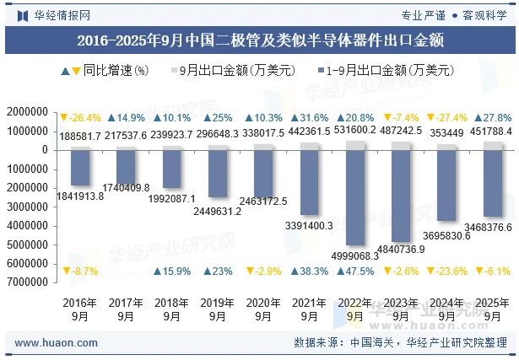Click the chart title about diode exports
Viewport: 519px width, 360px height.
coord(260,39)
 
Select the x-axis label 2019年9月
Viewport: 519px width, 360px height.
coord(218,309)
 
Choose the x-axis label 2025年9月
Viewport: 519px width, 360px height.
coord(493,309)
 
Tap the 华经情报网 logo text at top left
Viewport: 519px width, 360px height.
coord(55,14)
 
